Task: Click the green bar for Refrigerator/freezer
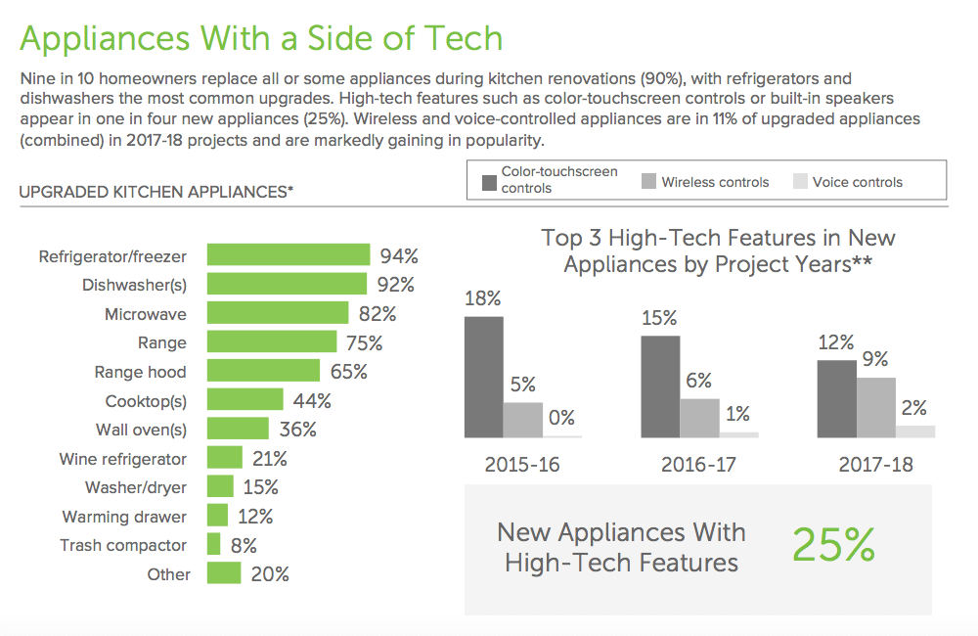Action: click(x=289, y=256)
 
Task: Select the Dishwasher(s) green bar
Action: click(x=287, y=285)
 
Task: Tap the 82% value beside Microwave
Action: click(x=377, y=314)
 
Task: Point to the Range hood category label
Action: click(x=140, y=372)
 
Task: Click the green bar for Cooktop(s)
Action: click(x=244, y=400)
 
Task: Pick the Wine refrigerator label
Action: click(x=122, y=459)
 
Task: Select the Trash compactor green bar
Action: click(x=213, y=545)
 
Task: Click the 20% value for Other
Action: click(x=270, y=574)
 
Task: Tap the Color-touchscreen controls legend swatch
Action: click(x=488, y=181)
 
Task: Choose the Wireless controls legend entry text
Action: click(x=715, y=182)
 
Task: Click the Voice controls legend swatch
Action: click(x=800, y=182)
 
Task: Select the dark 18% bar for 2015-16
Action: click(x=483, y=377)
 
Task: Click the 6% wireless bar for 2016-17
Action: click(x=699, y=418)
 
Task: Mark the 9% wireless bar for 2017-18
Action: click(x=875, y=407)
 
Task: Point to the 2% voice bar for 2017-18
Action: click(x=914, y=432)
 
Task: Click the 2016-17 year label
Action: click(x=698, y=464)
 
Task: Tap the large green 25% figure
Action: click(x=832, y=545)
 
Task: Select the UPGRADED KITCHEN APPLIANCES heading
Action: click(x=156, y=192)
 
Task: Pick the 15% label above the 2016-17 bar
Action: click(x=659, y=317)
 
